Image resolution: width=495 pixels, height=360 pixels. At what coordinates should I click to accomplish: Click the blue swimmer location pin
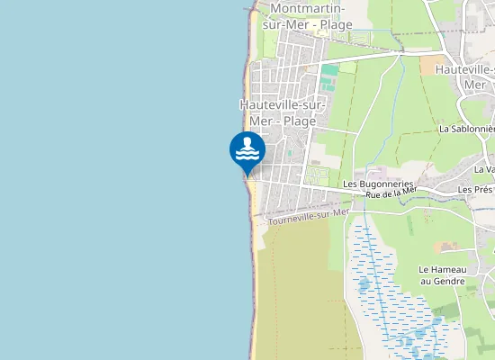pos(247,150)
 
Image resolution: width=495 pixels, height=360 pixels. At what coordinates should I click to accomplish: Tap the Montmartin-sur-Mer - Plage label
pos(307,16)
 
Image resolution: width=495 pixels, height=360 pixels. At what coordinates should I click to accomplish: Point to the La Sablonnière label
pos(467,129)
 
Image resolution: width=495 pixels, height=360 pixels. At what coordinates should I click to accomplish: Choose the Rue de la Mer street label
pos(391,192)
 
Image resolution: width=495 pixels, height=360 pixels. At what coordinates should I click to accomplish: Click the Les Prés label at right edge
pos(476,190)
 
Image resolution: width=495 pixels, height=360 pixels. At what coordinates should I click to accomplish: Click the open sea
pos(108,180)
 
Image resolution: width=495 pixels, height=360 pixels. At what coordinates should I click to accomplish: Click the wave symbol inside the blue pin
pos(247,155)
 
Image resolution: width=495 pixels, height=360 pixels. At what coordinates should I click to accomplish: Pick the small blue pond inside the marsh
pos(364,286)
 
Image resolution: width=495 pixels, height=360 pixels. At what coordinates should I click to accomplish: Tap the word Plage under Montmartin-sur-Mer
pos(334,24)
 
